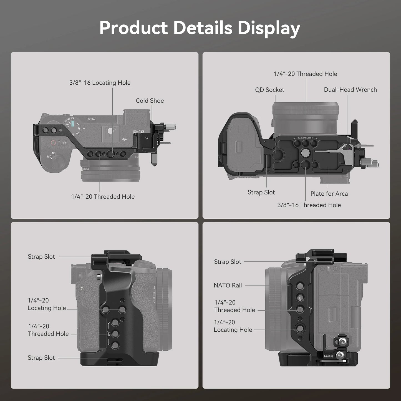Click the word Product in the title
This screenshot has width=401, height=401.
[x=133, y=28]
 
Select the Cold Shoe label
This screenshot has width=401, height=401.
[x=150, y=101]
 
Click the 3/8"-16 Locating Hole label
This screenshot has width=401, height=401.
[x=100, y=83]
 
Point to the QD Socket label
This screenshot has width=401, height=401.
[x=269, y=90]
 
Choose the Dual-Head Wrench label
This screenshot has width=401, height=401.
[x=350, y=90]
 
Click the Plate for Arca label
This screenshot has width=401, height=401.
[x=329, y=194]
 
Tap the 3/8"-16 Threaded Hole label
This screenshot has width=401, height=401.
[x=309, y=205]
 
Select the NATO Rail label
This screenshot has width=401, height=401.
[x=228, y=285]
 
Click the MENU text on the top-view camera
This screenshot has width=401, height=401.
[x=91, y=119]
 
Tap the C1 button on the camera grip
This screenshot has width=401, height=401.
[x=82, y=289]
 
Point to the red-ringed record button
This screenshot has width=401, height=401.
[x=54, y=143]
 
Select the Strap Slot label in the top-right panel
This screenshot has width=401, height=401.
[x=261, y=192]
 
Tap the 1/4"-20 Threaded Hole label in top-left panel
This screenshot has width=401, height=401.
[x=103, y=197]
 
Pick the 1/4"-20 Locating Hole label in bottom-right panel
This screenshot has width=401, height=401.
[x=233, y=326]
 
